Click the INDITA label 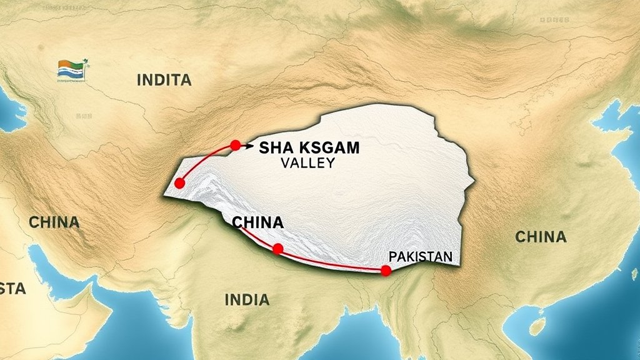(164, 79)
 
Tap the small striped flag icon (72, 70)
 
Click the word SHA (274, 148)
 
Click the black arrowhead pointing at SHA (249, 147)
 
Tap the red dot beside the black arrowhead (235, 145)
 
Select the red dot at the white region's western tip (180, 183)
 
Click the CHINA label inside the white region (257, 222)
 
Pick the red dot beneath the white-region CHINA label (278, 249)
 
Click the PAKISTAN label (420, 257)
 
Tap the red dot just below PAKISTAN (386, 270)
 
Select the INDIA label (247, 299)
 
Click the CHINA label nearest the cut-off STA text (54, 222)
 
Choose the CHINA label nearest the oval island (541, 237)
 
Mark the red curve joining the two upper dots (202, 156)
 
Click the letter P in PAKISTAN (392, 257)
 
